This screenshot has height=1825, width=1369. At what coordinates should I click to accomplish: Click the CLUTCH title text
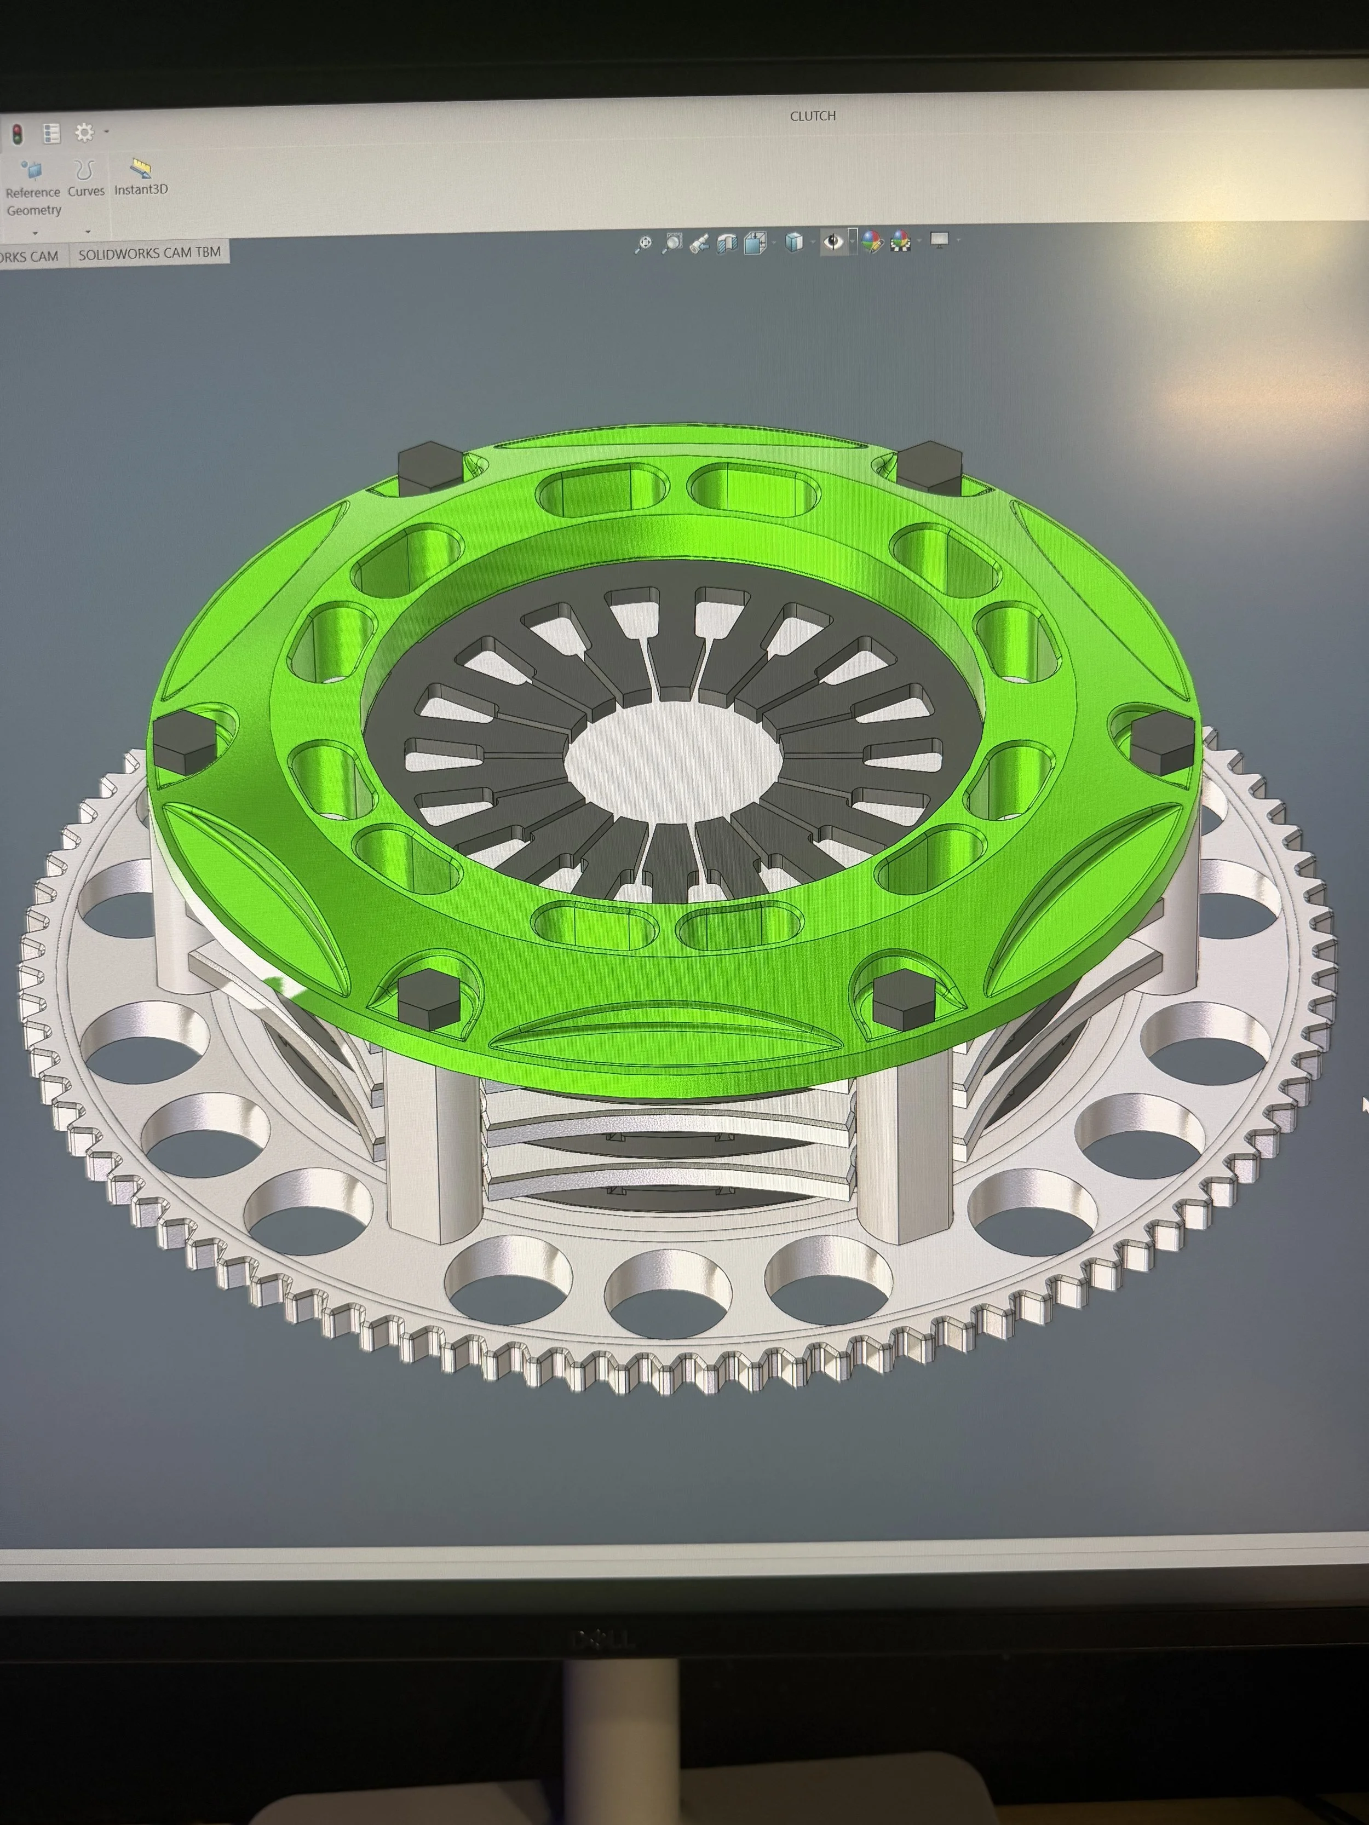click(812, 116)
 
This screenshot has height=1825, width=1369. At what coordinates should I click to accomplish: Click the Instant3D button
click(141, 178)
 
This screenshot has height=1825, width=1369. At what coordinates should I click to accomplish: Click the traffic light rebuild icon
click(16, 133)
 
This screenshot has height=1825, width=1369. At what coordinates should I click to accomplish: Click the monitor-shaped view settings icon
click(939, 240)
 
